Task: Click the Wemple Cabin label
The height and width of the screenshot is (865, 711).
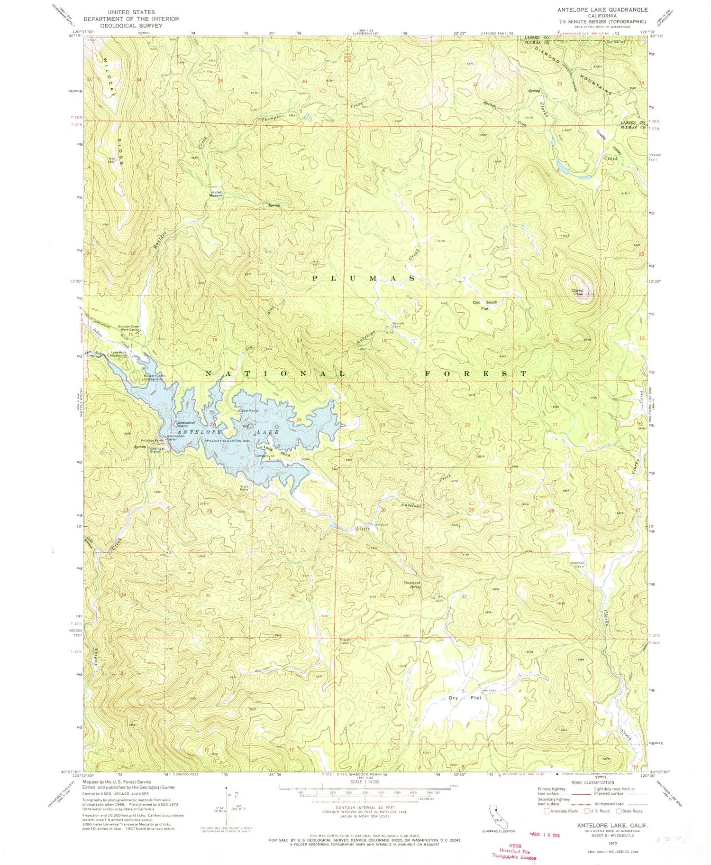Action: click(397, 326)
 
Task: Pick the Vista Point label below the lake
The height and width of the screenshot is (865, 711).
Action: click(244, 488)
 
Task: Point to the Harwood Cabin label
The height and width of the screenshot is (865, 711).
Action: click(579, 565)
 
